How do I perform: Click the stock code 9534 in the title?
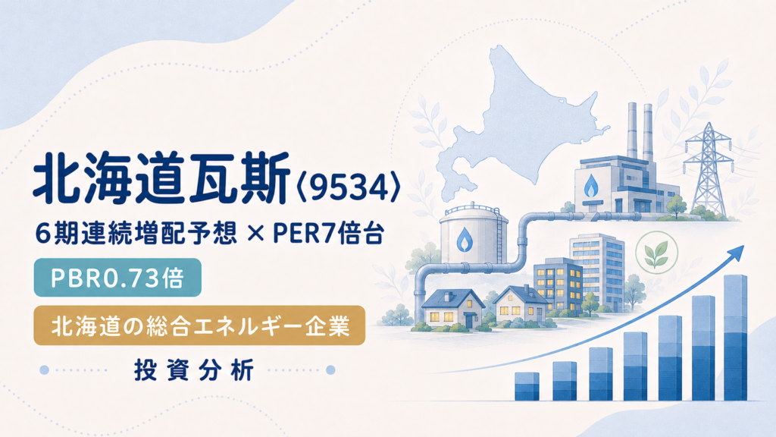pos(348,189)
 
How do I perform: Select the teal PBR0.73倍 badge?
pos(117,278)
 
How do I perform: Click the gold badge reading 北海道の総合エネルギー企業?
pos(199,325)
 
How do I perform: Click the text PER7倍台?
pos(328,234)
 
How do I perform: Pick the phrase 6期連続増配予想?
pos(136,234)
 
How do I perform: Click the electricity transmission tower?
pos(709,168)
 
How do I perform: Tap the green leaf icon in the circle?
pos(657,252)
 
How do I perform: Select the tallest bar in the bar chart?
pos(735,338)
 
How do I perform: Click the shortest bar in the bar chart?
pos(527,386)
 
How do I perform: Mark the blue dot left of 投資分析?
pos(44,370)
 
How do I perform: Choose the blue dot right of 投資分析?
pos(330,370)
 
